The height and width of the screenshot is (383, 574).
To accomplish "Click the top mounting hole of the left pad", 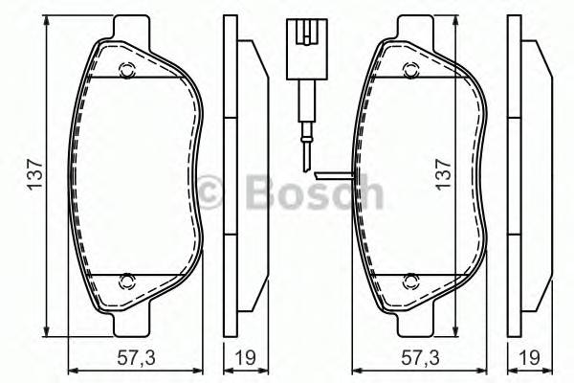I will (125, 68).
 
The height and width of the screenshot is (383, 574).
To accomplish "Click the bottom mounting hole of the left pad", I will (125, 281).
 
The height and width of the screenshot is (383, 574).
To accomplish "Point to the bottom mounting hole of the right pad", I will (410, 281).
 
